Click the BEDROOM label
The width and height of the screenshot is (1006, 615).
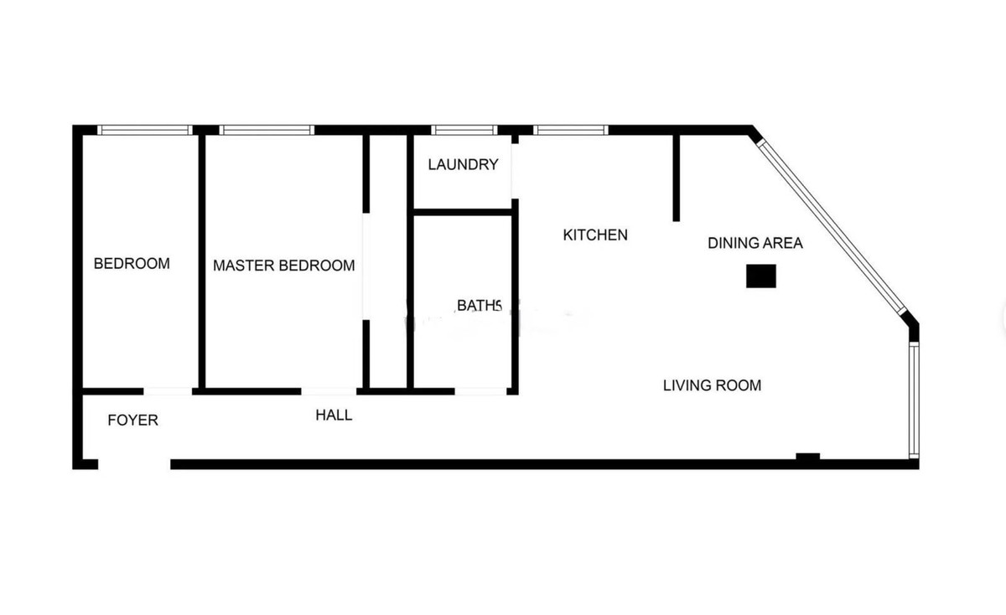tap(132, 264)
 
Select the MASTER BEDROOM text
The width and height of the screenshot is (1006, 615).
tap(283, 266)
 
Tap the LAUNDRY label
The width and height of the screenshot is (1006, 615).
tap(463, 164)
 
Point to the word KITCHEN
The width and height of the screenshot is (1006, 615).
tap(594, 235)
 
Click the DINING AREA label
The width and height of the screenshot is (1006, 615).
tap(754, 244)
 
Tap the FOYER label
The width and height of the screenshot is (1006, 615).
tap(132, 421)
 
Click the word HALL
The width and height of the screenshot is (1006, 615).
tap(334, 416)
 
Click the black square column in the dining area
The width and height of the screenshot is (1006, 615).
tap(761, 276)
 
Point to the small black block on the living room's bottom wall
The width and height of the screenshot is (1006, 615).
tap(807, 457)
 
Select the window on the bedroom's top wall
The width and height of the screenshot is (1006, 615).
tap(145, 130)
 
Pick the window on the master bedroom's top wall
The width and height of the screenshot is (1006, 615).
tap(267, 130)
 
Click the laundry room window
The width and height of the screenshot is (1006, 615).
tap(464, 130)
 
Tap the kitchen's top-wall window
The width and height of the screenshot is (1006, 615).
tap(570, 130)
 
